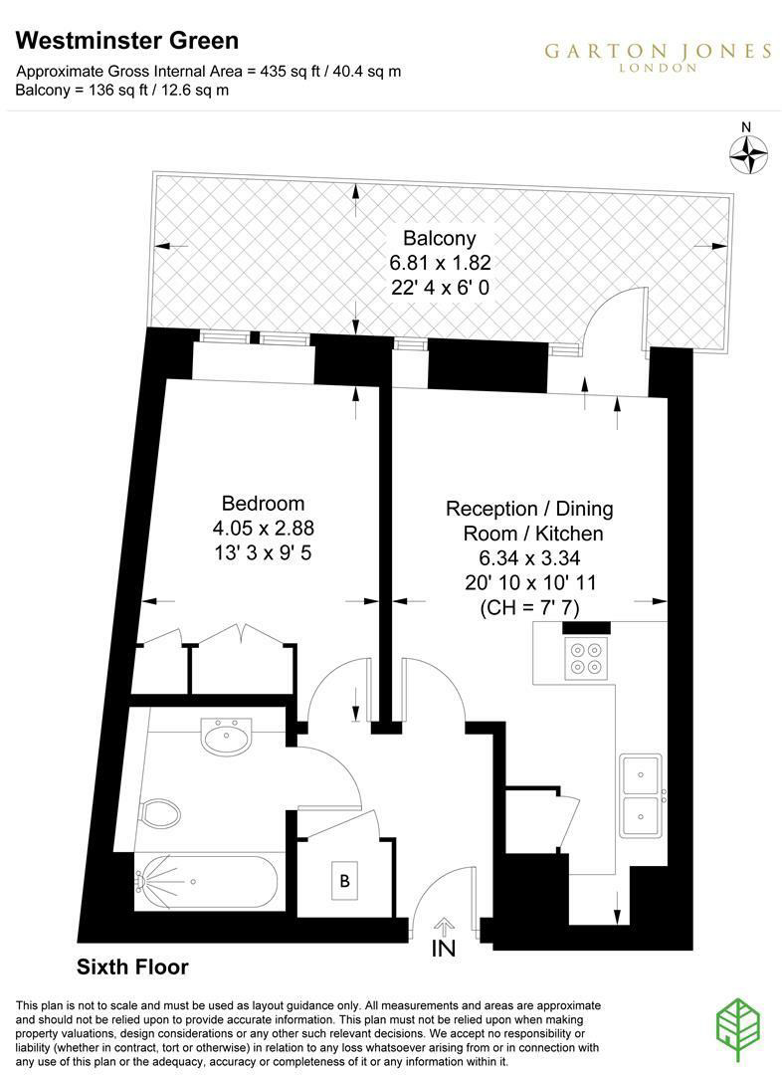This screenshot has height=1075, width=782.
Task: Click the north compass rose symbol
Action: coord(748,154)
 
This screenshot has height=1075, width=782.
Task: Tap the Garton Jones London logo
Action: coord(658,56)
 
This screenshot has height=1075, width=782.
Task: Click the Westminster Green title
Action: coord(127,41)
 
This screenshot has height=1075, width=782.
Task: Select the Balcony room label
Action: coord(440,239)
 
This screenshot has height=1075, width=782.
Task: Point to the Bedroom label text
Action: coord(264,504)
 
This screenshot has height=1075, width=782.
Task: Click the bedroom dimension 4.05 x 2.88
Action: coord(264,528)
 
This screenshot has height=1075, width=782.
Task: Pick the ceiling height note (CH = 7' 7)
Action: coord(530,607)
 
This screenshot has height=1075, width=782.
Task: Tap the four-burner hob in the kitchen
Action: coord(586,658)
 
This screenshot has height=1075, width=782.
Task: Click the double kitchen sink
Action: coord(642,795)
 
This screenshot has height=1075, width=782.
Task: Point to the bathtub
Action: coord(206,882)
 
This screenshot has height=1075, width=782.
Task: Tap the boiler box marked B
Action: coord(345,880)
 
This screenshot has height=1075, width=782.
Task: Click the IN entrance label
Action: coord(444,949)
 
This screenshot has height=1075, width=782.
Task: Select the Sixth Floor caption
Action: coord(132,967)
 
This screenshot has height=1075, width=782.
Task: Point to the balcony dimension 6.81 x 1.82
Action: coord(440,263)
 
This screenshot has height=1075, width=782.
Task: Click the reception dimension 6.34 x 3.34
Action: coord(530,558)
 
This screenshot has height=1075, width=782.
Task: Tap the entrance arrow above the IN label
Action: coord(444,927)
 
